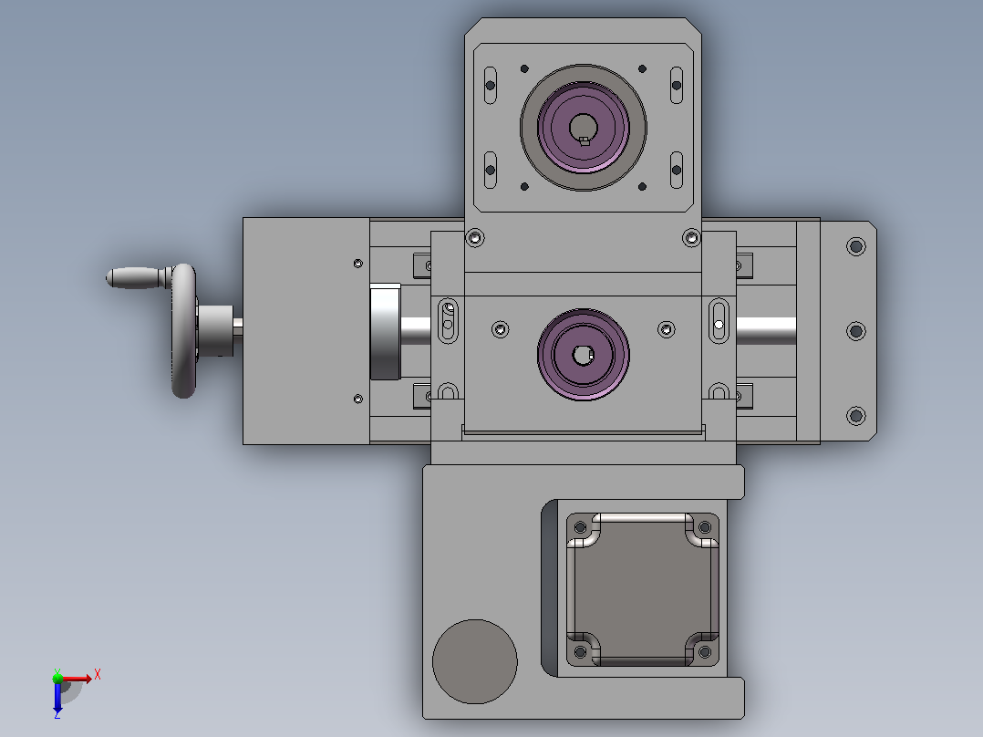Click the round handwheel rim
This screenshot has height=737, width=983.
[183, 330]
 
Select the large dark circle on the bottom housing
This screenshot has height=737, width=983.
[474, 661]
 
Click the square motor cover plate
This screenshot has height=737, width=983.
[643, 589]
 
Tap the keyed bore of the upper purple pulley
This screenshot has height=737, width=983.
[583, 129]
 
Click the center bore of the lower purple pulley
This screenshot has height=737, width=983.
[583, 355]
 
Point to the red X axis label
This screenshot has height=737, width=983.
[98, 675]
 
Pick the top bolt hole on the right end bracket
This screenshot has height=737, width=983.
[855, 246]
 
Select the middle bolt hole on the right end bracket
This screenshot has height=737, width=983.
[855, 330]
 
